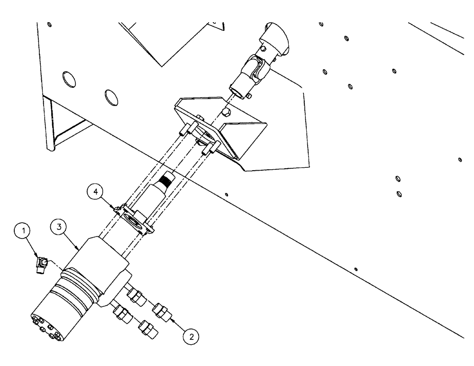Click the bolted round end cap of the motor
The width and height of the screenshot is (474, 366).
coord(46,327)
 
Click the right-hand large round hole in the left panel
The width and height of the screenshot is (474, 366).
coord(110,97)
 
